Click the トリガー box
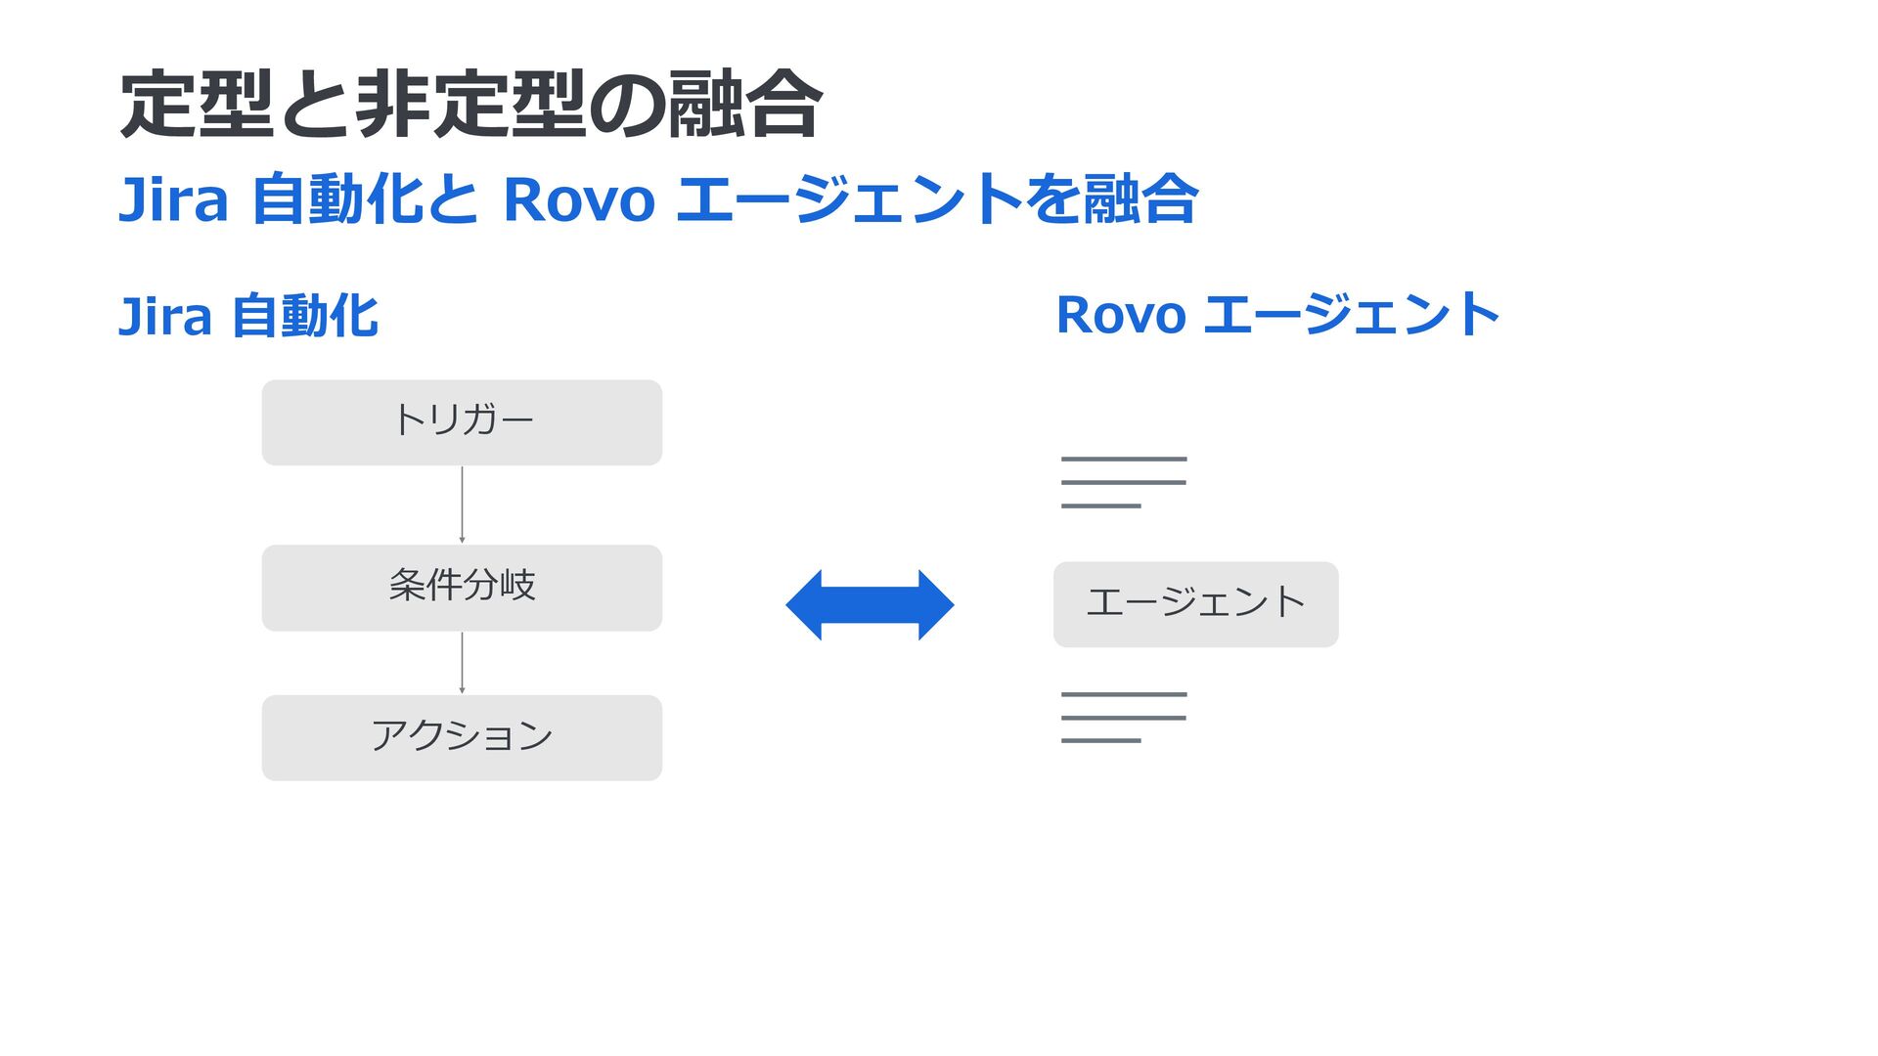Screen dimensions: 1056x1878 tap(462, 422)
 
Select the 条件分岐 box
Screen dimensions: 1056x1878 tap(462, 588)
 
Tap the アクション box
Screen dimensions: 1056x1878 tap(462, 737)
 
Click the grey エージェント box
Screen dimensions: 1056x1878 tap(1195, 604)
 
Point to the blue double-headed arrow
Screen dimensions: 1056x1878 tap(870, 605)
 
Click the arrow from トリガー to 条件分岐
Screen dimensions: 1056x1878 tap(462, 505)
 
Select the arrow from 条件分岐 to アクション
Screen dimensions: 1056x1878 tap(462, 663)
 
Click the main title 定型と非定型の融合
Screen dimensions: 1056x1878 tap(469, 104)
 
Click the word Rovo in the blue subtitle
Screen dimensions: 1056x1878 tap(578, 199)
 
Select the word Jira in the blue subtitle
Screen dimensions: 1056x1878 tap(173, 199)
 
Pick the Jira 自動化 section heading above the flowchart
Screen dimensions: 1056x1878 tap(247, 316)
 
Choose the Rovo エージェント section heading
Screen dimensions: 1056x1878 tap(1277, 315)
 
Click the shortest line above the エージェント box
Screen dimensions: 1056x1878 tap(1100, 506)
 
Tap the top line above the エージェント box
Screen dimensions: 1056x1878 tap(1124, 459)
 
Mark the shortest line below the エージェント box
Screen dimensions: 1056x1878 tap(1100, 740)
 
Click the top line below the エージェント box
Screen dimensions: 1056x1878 tap(1124, 694)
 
